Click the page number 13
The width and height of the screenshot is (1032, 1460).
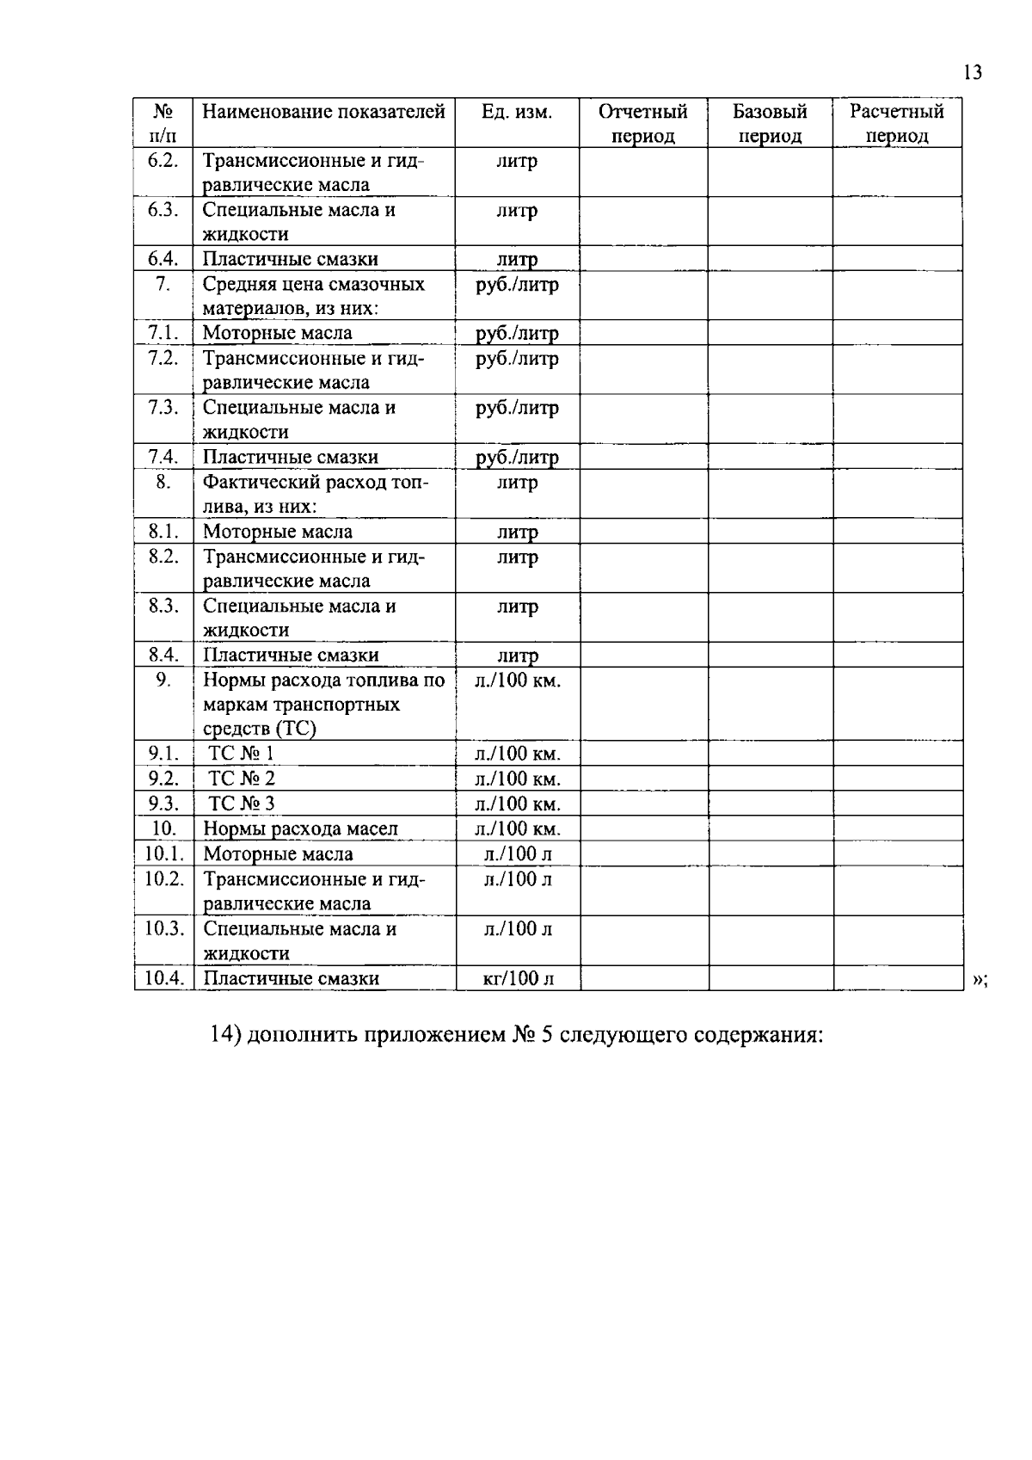click(x=973, y=72)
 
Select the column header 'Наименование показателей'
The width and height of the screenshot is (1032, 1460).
click(x=323, y=112)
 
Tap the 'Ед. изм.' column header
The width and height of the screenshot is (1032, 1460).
click(x=517, y=112)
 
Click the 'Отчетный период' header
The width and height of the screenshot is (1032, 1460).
click(x=643, y=123)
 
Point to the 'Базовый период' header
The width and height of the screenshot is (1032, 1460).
click(x=770, y=123)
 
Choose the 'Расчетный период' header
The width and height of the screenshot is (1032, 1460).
click(x=897, y=123)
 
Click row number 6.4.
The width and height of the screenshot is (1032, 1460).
click(x=163, y=259)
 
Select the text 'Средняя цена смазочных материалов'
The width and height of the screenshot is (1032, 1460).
click(x=313, y=295)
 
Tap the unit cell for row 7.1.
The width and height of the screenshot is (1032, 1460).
click(x=517, y=333)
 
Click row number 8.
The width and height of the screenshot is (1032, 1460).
click(x=163, y=482)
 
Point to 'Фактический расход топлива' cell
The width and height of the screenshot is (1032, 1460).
click(x=315, y=493)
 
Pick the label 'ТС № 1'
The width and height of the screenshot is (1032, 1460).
click(x=242, y=754)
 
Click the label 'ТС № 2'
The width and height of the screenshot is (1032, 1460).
click(x=242, y=779)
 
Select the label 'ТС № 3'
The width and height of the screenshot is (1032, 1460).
click(x=242, y=804)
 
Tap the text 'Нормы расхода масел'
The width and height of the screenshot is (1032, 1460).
click(x=300, y=829)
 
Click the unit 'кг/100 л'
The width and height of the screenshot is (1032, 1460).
click(x=518, y=978)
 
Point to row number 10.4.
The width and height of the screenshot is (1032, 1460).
click(x=164, y=977)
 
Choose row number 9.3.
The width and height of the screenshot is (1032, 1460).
click(x=163, y=804)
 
